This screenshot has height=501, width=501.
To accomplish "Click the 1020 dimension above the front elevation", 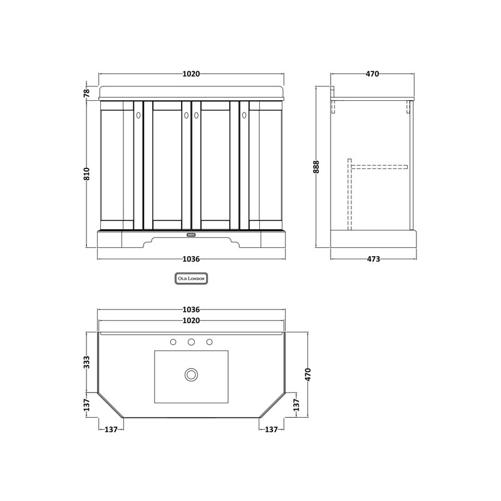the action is click(191, 74).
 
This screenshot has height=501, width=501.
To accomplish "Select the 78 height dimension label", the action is click(86, 93).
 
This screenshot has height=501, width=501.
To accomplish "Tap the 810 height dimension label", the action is click(86, 174).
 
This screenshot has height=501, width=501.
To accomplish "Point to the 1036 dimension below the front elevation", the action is click(191, 259).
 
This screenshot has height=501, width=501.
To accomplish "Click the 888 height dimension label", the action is click(316, 167).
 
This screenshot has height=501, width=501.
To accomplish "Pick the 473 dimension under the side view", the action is click(373, 259).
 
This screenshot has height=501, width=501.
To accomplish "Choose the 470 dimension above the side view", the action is click(372, 74).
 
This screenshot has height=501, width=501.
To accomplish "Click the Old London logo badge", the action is click(192, 279).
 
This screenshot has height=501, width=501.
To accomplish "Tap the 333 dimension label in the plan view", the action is click(86, 363).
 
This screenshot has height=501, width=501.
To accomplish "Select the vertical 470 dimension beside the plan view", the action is click(307, 374).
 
